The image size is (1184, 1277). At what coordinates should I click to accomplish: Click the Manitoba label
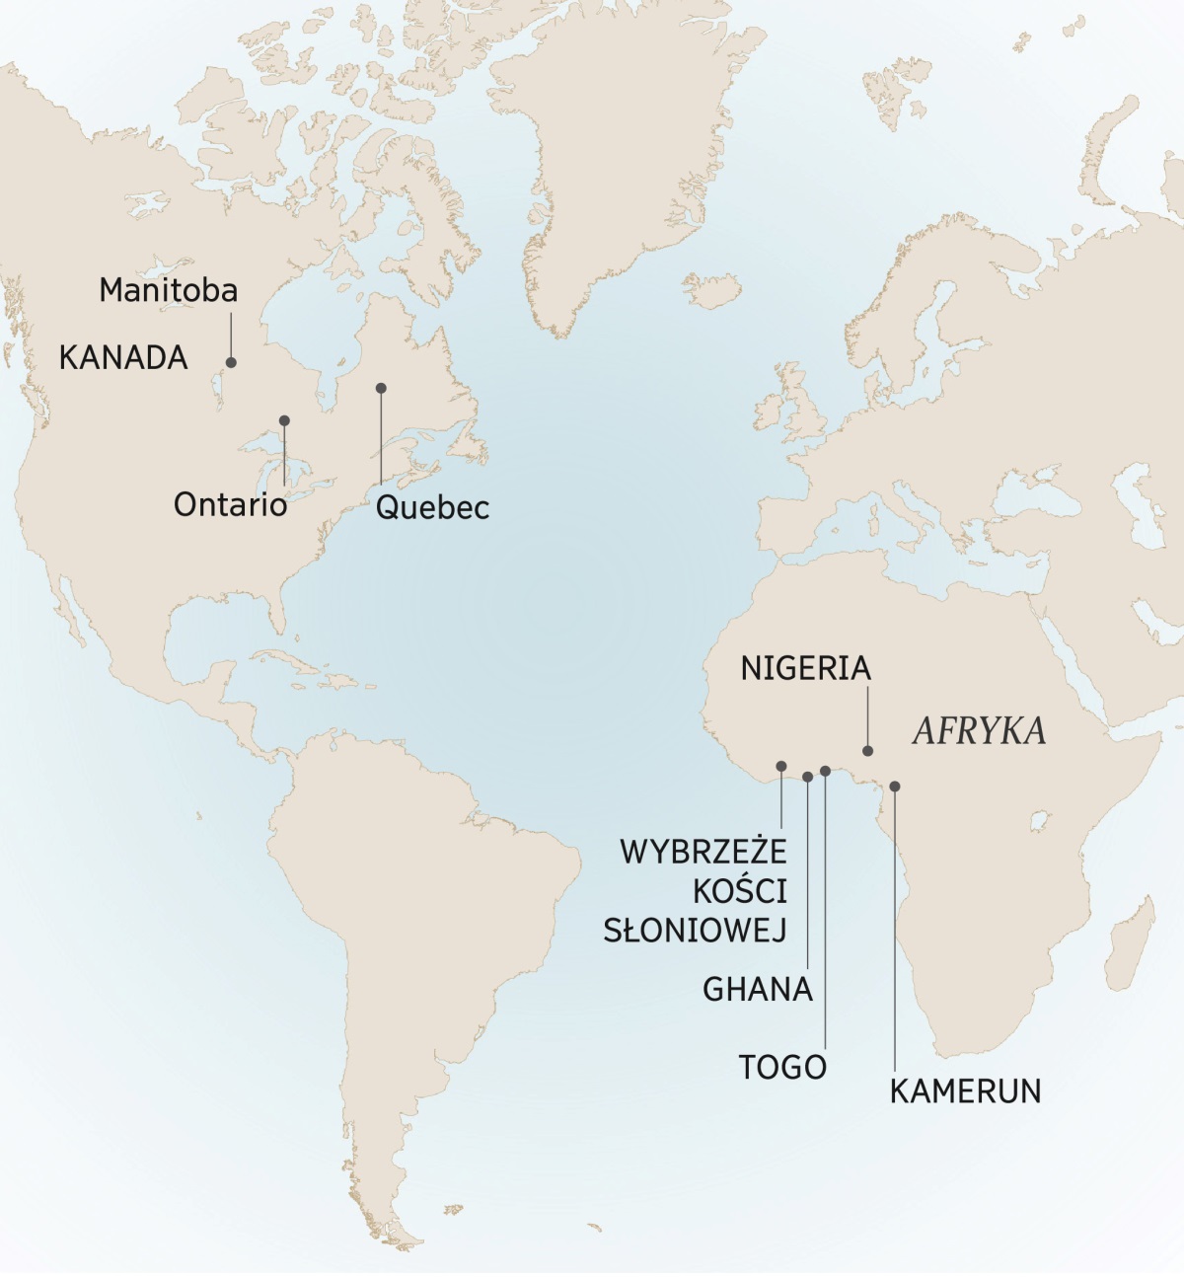point(169,290)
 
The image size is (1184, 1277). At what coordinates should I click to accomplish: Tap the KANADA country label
point(123,357)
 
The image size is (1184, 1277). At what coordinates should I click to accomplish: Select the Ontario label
point(230,505)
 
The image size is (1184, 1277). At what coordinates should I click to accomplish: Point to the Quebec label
point(432,508)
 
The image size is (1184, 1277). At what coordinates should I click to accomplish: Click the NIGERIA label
point(806,669)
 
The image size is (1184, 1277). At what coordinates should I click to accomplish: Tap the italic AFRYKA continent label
point(979,731)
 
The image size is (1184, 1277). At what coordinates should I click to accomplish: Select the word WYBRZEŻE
point(703,851)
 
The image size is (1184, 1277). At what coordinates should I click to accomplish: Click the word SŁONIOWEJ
point(695,930)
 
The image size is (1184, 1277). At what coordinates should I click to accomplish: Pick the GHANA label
point(758,989)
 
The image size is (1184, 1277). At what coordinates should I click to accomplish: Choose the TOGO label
point(782,1067)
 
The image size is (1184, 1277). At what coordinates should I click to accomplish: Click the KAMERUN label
point(965,1091)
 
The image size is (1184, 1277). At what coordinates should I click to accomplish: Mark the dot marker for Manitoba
point(232,362)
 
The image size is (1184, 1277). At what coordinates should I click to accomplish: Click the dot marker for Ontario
point(284,420)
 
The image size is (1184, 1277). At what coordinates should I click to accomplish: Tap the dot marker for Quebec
point(381,388)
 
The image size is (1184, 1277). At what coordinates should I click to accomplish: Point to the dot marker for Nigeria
point(868,751)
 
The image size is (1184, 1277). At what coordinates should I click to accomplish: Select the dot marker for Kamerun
point(895,787)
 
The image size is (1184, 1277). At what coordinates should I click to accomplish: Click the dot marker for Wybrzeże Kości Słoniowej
point(781,766)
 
